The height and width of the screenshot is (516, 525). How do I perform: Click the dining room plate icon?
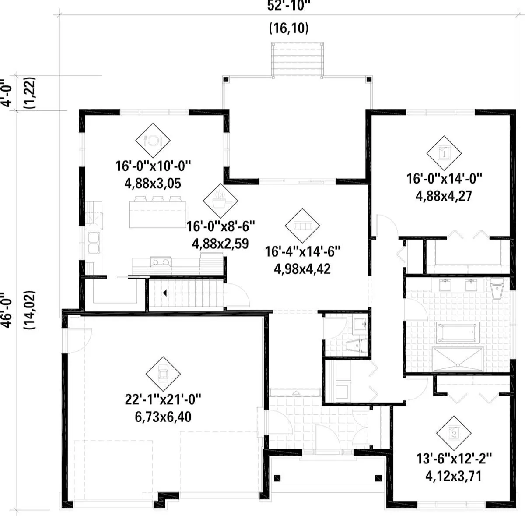pos(153,140)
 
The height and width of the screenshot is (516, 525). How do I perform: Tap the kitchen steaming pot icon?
pos(220,201)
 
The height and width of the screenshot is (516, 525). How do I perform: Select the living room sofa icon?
pos(302,226)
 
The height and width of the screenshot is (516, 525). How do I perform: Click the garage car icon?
pos(163,374)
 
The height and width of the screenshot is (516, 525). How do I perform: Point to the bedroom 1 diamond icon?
pos(444,153)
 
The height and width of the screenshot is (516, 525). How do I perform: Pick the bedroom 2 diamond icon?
pos(454,433)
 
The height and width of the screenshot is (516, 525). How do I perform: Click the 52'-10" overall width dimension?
pos(289,6)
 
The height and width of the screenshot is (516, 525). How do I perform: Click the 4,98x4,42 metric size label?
pos(302,269)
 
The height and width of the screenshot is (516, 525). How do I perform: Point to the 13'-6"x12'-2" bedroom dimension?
pos(454,459)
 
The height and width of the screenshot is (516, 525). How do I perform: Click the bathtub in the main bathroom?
pos(458,332)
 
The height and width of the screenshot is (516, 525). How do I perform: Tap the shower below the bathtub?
pos(458,359)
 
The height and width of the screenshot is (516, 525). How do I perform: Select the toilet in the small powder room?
pos(357,346)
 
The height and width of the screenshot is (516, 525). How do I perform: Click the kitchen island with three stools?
pos(158,212)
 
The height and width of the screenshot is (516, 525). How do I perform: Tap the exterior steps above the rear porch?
pos(297,60)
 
